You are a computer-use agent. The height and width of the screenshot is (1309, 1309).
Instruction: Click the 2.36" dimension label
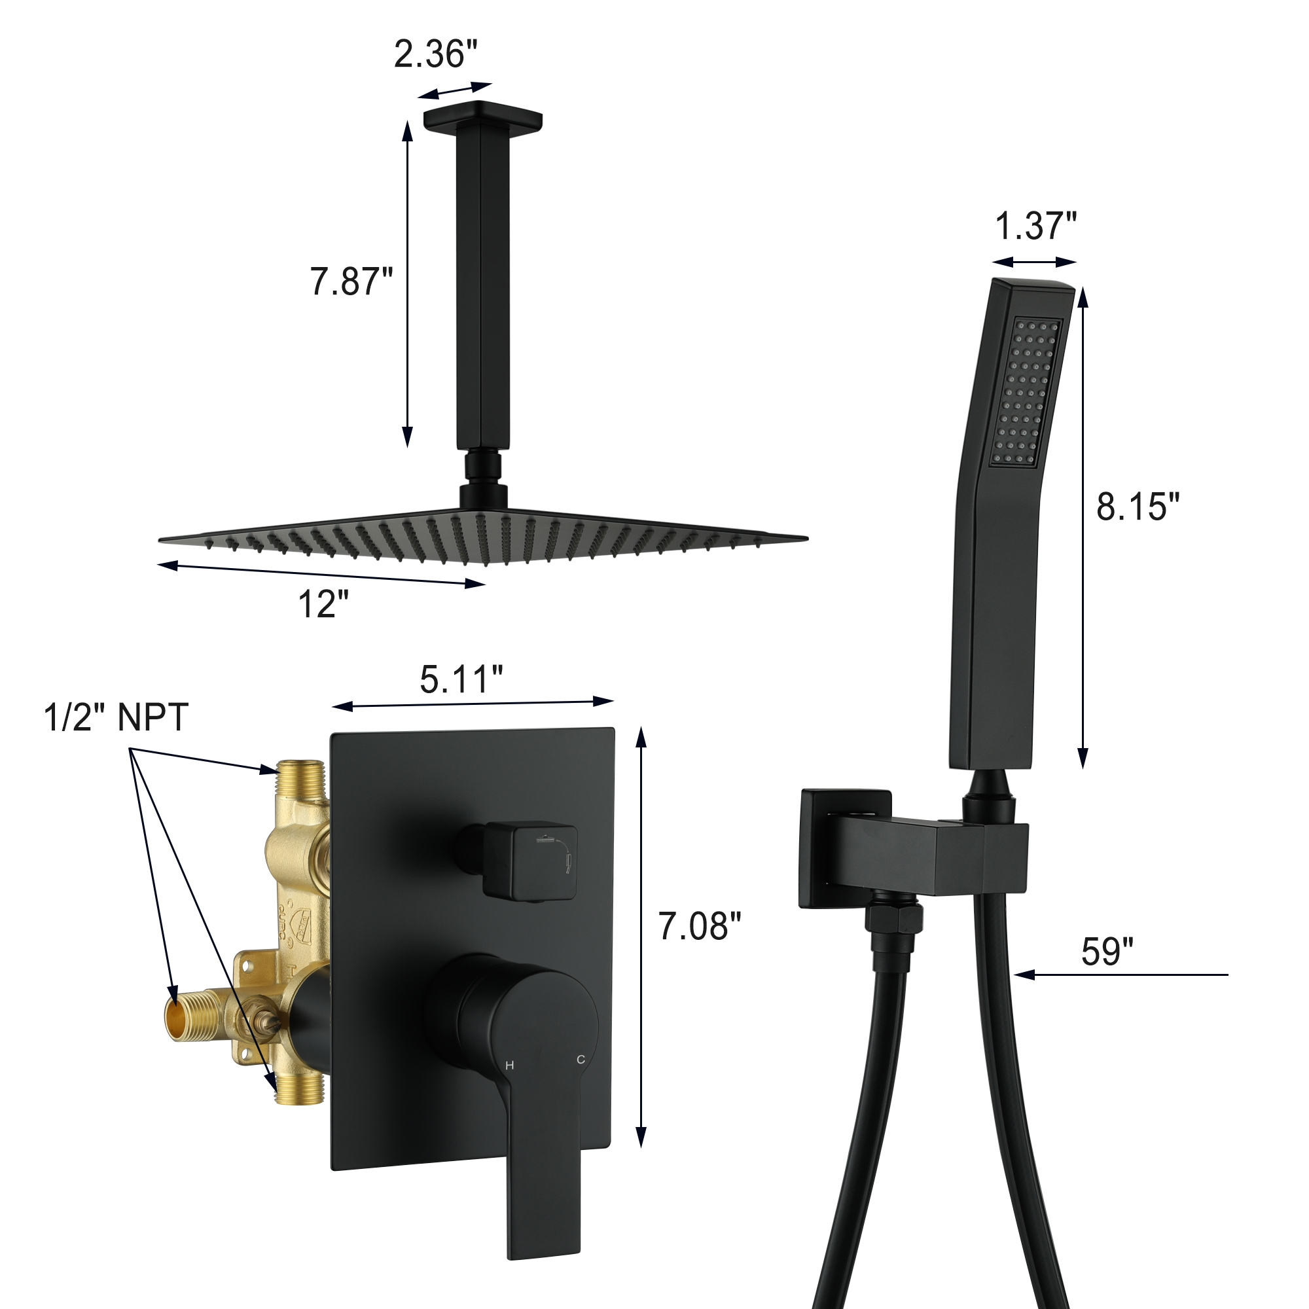point(435,54)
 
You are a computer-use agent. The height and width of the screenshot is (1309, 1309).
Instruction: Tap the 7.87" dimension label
point(351,281)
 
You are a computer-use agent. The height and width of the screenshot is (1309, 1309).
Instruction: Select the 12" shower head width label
point(323,603)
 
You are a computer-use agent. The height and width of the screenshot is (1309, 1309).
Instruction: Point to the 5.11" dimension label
point(461,679)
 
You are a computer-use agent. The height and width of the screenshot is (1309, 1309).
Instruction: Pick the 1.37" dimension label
point(1035,226)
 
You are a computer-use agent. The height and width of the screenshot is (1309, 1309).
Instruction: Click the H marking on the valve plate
point(509,1066)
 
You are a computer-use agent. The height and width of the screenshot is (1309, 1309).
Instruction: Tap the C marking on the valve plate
point(581,1060)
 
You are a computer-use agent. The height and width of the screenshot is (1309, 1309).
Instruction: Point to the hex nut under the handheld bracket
point(893,919)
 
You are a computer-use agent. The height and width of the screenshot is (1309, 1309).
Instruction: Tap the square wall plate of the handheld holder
point(845,847)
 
